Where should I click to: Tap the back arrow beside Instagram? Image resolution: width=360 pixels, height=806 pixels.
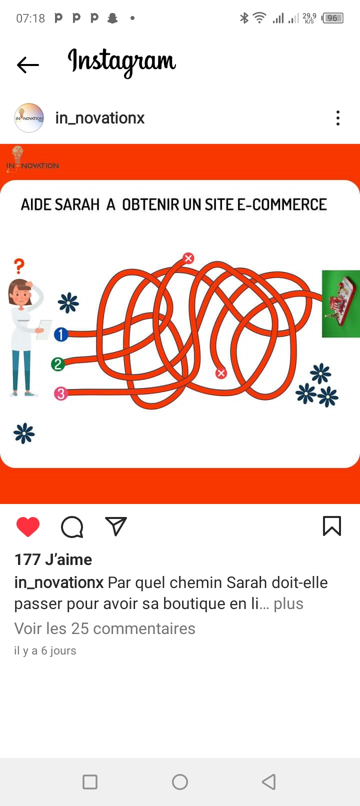[27, 65]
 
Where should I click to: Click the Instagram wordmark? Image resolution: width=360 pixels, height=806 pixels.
[121, 62]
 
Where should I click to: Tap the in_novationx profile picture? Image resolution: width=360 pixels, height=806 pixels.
[29, 118]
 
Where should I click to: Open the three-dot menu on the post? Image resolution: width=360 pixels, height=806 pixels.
[337, 118]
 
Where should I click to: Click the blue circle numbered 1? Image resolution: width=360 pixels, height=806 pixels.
[61, 334]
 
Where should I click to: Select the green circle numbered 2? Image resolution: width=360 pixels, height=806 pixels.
[58, 364]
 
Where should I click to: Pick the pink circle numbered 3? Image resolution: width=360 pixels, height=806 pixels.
[61, 393]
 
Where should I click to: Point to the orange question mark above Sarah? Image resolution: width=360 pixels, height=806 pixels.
[19, 266]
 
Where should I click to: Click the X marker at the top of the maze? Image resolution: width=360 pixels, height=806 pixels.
[188, 257]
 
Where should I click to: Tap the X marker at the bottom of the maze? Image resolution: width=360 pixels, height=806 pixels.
[221, 373]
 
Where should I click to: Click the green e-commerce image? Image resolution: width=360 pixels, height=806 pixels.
[341, 303]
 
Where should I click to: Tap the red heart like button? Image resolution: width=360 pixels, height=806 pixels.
[28, 527]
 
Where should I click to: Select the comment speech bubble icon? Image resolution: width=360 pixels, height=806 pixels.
[72, 527]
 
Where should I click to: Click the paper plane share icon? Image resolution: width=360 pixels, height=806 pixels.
[116, 526]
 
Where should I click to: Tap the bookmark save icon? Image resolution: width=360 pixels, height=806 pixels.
[332, 526]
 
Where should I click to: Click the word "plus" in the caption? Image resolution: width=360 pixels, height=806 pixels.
[288, 604]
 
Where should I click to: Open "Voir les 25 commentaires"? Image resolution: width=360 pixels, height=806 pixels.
[105, 628]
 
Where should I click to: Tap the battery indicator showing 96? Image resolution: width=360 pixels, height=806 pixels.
[332, 18]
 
